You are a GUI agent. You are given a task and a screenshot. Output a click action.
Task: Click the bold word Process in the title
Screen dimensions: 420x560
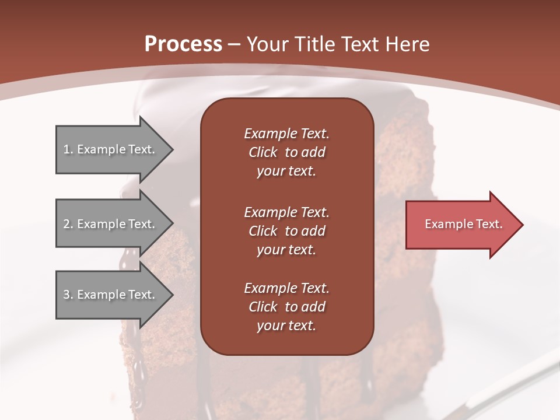[x=183, y=44]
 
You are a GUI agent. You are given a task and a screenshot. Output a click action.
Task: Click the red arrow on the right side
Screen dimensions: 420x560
[x=464, y=224]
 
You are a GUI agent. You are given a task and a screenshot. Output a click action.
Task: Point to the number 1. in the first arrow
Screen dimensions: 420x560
[x=68, y=149]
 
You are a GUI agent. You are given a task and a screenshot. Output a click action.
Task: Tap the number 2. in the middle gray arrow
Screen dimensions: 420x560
[x=68, y=224]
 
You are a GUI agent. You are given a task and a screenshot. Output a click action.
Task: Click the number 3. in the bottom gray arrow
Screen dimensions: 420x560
[x=68, y=295]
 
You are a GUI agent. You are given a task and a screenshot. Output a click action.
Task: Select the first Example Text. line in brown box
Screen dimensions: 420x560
[x=286, y=134]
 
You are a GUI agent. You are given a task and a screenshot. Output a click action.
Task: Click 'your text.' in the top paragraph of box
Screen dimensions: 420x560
[x=286, y=171]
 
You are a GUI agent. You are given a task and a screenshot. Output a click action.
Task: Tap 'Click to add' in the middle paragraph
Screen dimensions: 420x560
[x=286, y=231]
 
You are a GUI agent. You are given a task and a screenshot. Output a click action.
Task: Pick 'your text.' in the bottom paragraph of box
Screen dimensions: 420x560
[x=286, y=325]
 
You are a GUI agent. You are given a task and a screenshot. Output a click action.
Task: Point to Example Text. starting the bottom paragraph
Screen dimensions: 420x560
[x=286, y=288]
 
